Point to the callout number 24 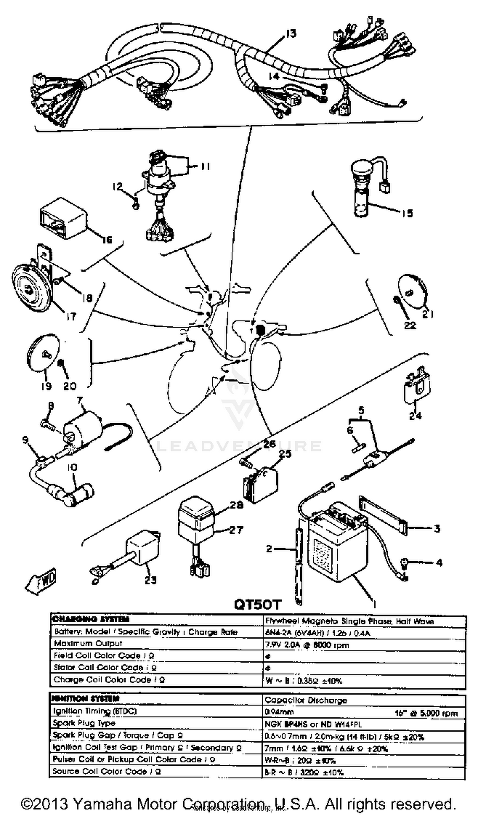[415, 415]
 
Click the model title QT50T [257, 604]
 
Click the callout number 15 [407, 213]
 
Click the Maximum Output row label [88, 644]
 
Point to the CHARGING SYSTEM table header [90, 619]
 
